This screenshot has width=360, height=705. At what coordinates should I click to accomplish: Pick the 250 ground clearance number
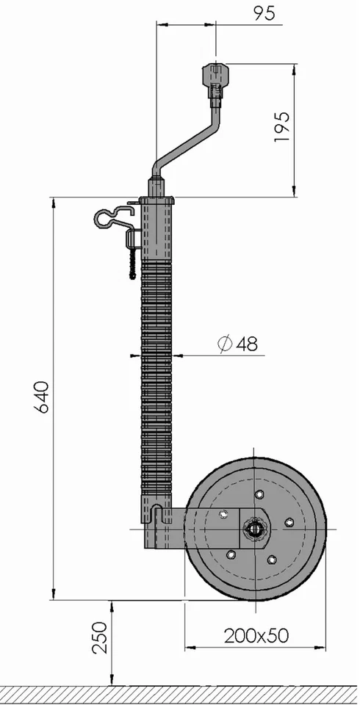[x=100, y=637]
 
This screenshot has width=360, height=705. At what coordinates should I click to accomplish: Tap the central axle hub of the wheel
[x=256, y=529]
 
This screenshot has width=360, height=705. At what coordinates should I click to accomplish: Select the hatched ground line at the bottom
[x=180, y=693]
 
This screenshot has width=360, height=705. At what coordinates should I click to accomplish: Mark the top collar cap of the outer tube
[x=157, y=200]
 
